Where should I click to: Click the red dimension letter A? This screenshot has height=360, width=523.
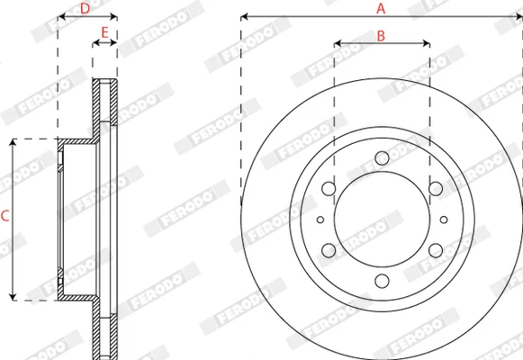click(381, 9)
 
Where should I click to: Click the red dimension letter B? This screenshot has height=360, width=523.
click(381, 36)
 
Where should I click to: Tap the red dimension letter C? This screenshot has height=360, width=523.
click(5, 216)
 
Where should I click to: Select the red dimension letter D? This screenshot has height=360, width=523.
click(85, 9)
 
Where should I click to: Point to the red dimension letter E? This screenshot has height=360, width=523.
click(104, 32)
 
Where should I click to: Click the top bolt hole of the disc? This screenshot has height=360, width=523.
click(382, 158)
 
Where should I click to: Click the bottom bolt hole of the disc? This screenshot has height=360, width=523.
click(382, 281)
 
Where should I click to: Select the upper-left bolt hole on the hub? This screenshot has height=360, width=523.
click(329, 189)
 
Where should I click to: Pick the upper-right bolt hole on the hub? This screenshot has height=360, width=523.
click(436, 189)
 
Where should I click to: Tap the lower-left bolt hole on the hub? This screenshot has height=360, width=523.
click(329, 250)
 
